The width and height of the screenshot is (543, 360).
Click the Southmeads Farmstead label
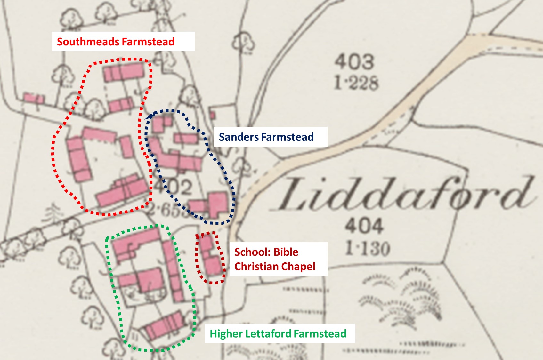[116, 42]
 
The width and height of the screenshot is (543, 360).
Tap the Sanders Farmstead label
[266, 137]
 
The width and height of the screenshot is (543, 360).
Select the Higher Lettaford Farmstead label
[278, 334]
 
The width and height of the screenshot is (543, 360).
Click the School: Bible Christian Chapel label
[275, 259]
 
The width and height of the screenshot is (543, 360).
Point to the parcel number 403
[354, 62]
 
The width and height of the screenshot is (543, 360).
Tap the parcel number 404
[364, 226]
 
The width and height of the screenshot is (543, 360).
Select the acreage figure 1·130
[368, 248]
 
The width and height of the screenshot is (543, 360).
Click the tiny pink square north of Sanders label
[212, 115]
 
